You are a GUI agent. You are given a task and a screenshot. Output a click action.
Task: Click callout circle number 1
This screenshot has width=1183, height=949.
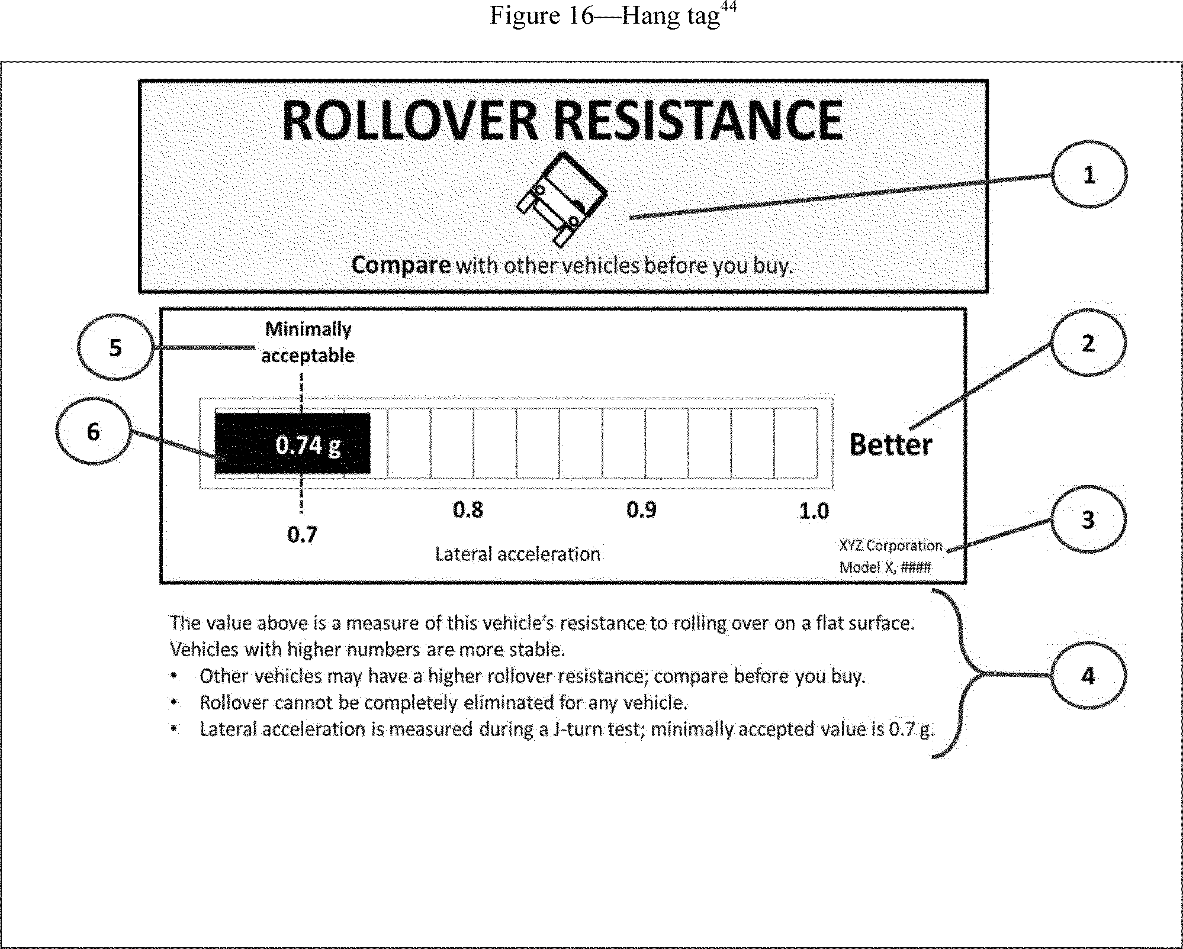[1088, 175]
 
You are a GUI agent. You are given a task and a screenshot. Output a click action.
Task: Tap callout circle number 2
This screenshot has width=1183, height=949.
[1088, 343]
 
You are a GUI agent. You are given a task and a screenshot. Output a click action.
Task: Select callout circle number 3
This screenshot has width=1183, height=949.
[1088, 519]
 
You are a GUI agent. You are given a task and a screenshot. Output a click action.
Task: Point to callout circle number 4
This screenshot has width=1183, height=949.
[1088, 675]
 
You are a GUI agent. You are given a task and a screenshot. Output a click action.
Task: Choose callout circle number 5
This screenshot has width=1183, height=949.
[115, 347]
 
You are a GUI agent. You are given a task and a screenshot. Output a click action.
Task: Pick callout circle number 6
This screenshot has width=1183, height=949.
[94, 432]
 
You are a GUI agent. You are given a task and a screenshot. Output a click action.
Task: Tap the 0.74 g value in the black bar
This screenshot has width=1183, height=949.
[308, 445]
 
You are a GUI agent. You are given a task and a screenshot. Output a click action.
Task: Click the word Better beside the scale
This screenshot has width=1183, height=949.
[891, 445]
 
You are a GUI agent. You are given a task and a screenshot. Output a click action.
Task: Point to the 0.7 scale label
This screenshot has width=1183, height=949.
[302, 535]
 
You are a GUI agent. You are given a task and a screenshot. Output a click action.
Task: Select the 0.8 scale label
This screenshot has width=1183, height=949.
[468, 509]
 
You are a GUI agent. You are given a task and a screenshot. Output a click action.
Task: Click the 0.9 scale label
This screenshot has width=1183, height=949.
[641, 509]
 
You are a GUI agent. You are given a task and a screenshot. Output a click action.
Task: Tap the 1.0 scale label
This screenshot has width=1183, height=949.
[814, 511]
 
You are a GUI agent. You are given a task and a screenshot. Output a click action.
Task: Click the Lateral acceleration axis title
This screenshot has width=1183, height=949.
[517, 554]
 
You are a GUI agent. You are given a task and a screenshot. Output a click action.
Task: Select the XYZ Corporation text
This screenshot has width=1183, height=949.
[891, 545]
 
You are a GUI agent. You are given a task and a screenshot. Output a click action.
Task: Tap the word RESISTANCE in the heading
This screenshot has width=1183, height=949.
[699, 121]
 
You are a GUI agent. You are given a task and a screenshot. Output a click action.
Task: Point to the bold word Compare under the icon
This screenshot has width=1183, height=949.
[401, 265]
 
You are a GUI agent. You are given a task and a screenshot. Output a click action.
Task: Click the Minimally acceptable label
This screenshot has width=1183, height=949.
[308, 342]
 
